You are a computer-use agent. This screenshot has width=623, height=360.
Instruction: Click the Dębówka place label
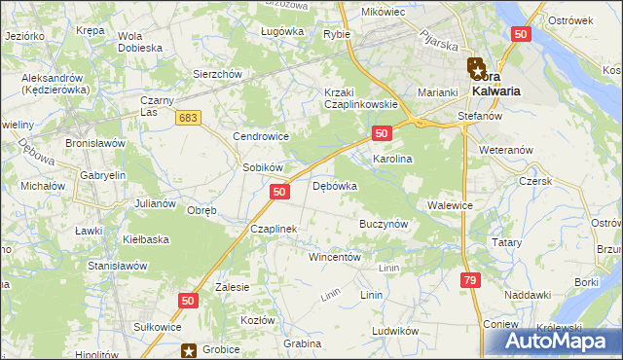coord(335,186)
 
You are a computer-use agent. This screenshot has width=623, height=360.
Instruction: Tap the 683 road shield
coord(189,117)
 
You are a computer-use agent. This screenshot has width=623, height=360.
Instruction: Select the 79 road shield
coord(470,280)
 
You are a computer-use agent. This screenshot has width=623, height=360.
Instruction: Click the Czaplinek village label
coord(273,229)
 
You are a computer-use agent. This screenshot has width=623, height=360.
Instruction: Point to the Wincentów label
coord(335,258)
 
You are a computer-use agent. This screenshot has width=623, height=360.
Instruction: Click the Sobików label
coord(262,167)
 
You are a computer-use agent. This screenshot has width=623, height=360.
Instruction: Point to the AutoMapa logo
coord(556,341)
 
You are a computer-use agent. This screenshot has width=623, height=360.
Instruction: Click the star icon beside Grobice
coord(192,348)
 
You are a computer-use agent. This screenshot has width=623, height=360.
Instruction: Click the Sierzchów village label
coord(216,74)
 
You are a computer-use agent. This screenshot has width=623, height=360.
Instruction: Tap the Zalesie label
coord(233,287)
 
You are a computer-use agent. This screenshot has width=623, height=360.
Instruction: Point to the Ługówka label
coord(282,31)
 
